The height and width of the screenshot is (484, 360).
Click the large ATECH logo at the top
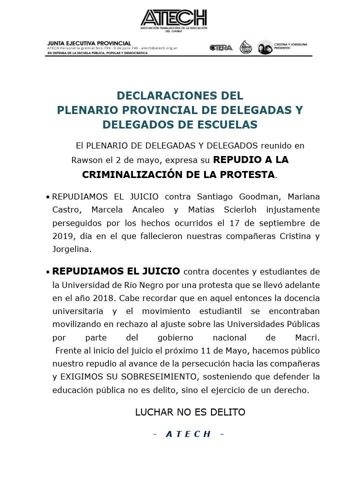(x=173, y=19)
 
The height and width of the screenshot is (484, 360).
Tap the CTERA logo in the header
(x=221, y=47)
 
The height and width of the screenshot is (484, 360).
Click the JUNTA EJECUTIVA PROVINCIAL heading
(x=89, y=43)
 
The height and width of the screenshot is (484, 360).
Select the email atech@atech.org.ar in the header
(x=159, y=48)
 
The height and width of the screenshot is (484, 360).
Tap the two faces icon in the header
(x=265, y=47)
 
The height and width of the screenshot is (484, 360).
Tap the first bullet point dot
(x=47, y=197)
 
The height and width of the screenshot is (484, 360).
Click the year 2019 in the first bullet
(x=62, y=235)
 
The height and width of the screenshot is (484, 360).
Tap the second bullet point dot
(x=47, y=272)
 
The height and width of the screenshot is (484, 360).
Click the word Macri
(x=307, y=337)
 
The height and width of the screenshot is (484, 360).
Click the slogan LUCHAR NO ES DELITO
(x=190, y=412)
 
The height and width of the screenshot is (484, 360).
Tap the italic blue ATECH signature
(x=188, y=434)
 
